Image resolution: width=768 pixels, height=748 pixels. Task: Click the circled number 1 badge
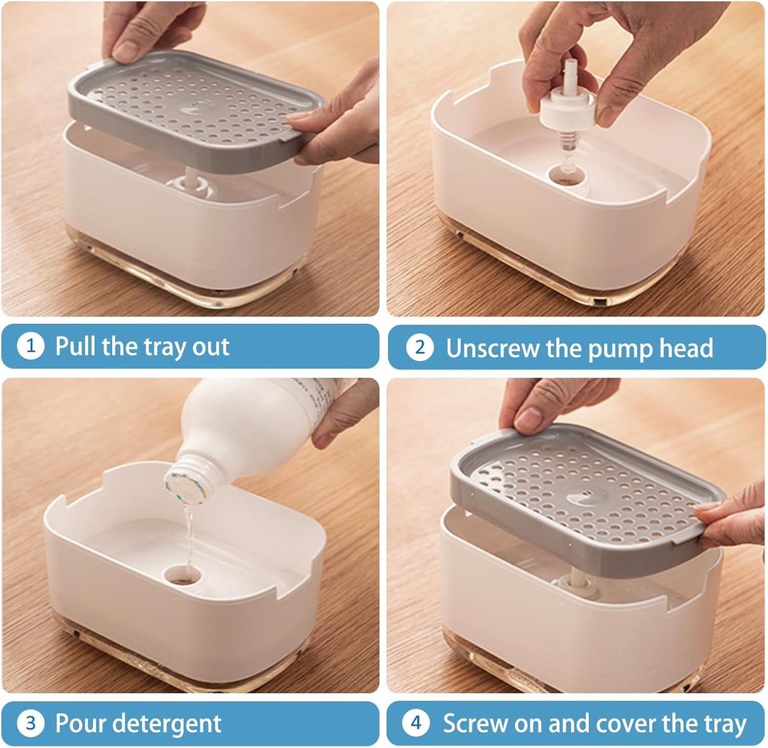pos(30,346)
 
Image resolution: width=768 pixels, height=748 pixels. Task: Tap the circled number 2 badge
pos(420,347)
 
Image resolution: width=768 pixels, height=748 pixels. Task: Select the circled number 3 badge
pos(30,723)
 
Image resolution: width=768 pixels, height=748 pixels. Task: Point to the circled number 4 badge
pos(416,723)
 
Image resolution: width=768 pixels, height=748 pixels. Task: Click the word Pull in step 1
pos(76,346)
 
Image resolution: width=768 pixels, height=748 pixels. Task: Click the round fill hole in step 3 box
pos(182,575)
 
